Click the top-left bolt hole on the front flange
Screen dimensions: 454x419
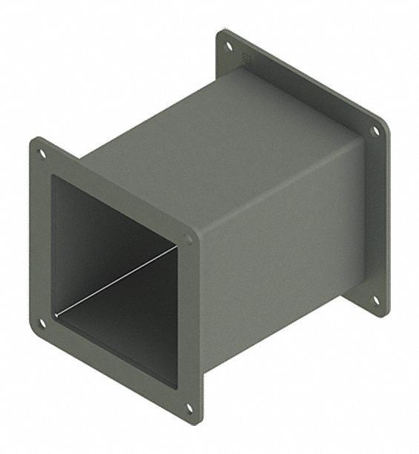pos(42,154)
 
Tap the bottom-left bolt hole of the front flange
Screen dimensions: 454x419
pos(42,323)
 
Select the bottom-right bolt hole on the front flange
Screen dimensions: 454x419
pos(189,407)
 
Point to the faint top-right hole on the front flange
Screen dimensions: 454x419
pos(188,239)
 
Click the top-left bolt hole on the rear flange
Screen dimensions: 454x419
pos(228,46)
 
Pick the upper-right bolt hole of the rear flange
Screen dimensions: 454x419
pos(375,131)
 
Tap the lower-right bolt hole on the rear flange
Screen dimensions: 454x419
pos(375,300)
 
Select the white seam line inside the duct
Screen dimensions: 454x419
pos(119,279)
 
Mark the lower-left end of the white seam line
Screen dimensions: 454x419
pos(59,311)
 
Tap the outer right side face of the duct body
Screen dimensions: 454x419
pos(282,252)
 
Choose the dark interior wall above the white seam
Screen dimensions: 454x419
pos(104,237)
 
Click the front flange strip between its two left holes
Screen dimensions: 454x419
pos(41,237)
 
